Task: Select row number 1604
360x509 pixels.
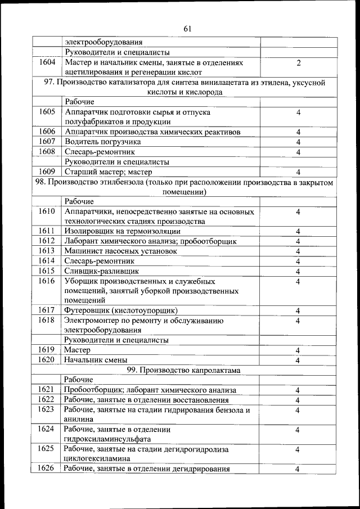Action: (47, 62)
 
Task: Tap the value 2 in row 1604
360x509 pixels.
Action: (298, 63)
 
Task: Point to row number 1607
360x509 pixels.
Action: (47, 142)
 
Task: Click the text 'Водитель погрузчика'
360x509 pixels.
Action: (103, 142)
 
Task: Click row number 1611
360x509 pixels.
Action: (47, 231)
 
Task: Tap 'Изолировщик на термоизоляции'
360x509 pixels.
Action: (122, 231)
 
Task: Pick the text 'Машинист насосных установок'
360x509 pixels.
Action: (121, 251)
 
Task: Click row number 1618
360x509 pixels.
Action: (47, 321)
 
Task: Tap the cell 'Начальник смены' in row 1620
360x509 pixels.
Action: (96, 360)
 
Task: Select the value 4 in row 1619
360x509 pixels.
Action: (298, 350)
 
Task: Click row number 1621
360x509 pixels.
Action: (47, 390)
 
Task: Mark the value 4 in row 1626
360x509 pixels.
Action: (298, 469)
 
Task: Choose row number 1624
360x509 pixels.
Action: (47, 429)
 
